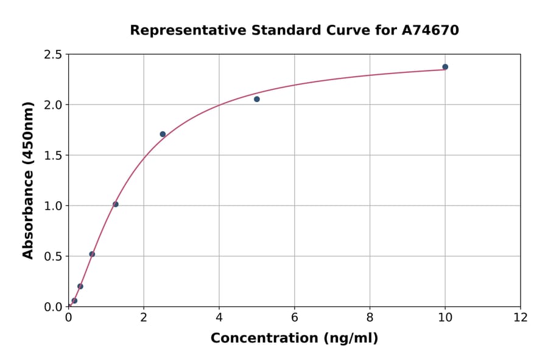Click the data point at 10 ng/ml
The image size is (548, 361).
click(445, 67)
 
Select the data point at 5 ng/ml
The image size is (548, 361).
click(257, 99)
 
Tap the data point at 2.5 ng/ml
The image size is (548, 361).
click(163, 134)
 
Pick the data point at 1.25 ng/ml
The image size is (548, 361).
click(116, 204)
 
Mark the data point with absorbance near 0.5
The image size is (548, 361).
click(92, 254)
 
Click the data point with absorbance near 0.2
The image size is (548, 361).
click(80, 286)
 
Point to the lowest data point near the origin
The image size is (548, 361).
click(74, 301)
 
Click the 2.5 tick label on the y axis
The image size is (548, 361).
click(54, 55)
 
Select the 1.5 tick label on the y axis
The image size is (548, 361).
click(54, 156)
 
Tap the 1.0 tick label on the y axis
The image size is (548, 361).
click(54, 206)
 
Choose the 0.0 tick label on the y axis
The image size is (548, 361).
click(54, 307)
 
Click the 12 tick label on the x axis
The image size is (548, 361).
click(521, 318)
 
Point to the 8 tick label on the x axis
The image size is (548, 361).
click(370, 318)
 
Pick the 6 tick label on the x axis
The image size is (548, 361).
click(295, 318)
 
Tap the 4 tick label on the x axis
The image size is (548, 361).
click(219, 318)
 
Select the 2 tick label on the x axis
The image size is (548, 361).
click(144, 318)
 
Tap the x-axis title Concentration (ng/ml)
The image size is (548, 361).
click(294, 339)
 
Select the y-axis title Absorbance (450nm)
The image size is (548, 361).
click(28, 180)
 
